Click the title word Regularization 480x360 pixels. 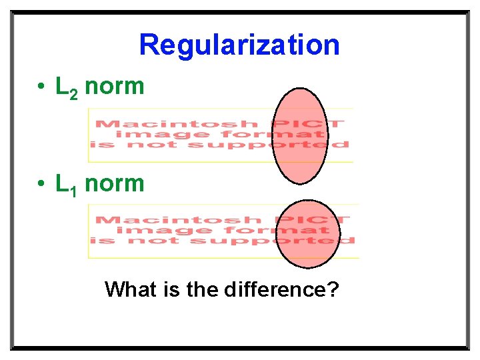239,45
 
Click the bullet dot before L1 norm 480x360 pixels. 41,184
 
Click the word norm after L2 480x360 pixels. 115,87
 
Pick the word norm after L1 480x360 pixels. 115,183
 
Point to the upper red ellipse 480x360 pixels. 300,136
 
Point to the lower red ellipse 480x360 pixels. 308,233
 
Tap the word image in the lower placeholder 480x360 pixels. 149,231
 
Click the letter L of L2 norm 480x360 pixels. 62,87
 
